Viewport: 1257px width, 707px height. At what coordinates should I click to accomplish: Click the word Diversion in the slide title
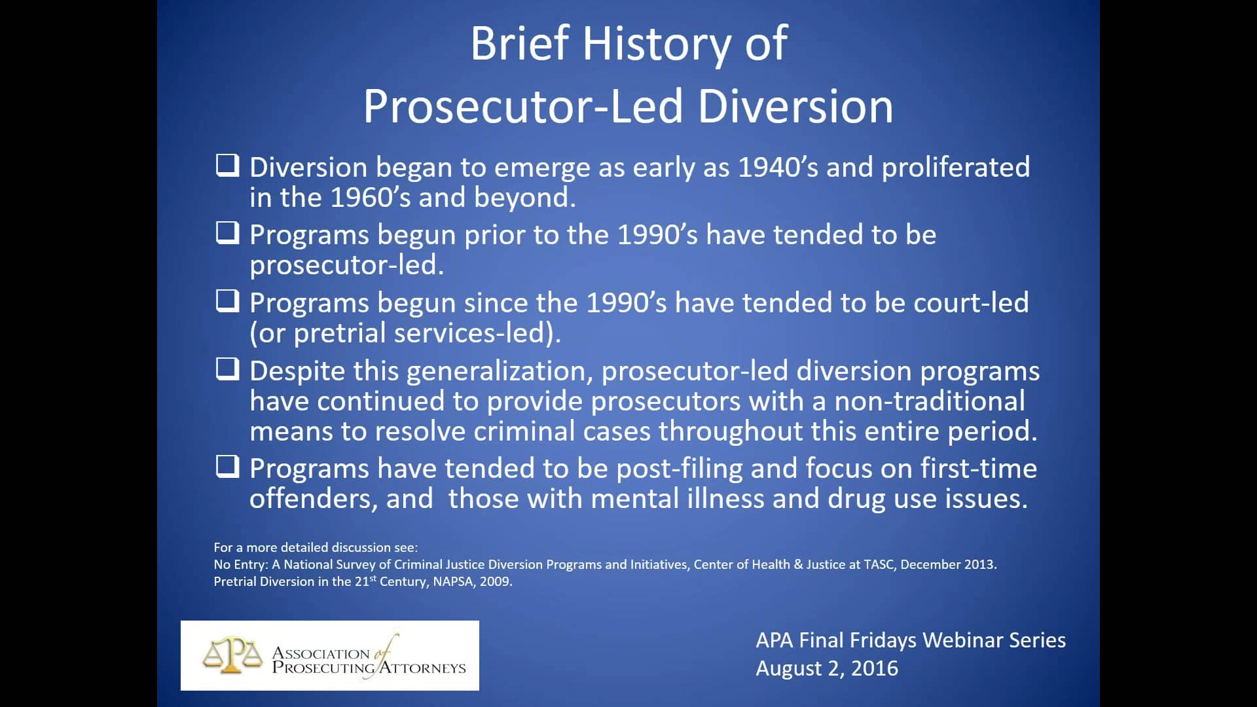coord(795,107)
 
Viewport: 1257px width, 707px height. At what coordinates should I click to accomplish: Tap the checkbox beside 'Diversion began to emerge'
coord(227,166)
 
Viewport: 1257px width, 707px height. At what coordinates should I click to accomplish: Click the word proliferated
coord(955,168)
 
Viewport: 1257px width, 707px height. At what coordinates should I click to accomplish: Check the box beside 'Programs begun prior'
coord(227,233)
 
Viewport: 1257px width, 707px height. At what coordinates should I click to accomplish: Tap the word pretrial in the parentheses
coord(340,334)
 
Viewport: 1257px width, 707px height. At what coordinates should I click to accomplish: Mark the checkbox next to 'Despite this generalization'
coord(227,369)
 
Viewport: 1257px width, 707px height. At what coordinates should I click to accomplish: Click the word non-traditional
coord(929,401)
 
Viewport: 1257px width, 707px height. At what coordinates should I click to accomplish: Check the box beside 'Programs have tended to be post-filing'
coord(227,467)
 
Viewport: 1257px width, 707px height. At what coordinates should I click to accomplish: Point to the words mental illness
coord(677,499)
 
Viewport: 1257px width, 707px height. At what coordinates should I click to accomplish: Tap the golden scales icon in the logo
coord(232,656)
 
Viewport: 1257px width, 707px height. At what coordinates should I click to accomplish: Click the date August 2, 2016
coord(827,668)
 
